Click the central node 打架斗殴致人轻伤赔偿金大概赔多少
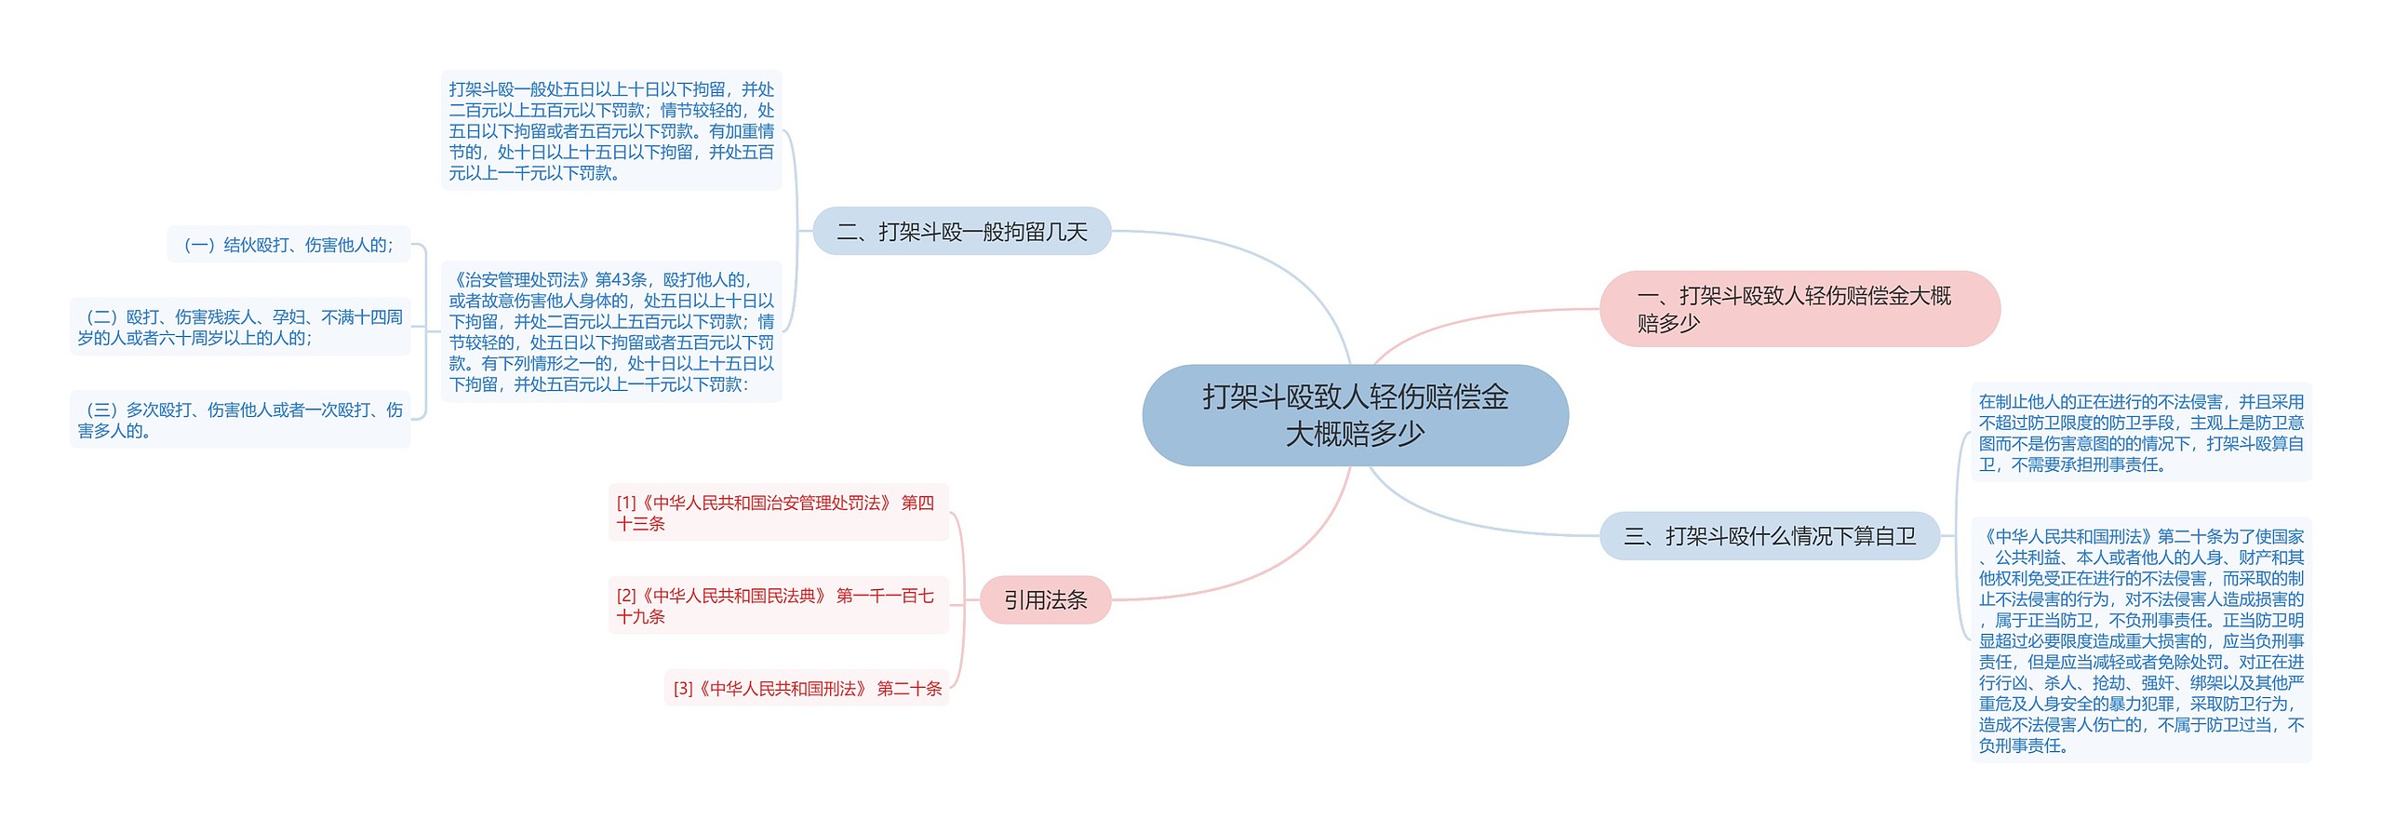tap(1355, 415)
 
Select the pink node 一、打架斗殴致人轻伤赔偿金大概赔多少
tap(1799, 309)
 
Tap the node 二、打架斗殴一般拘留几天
tap(961, 232)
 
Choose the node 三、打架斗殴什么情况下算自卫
tap(1769, 536)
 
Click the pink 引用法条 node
tap(1045, 600)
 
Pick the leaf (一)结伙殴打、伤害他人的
tap(288, 245)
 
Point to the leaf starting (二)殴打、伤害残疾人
tap(240, 328)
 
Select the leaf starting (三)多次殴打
tap(240, 420)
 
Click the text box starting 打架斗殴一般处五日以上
tap(611, 131)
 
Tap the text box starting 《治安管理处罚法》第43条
tap(611, 331)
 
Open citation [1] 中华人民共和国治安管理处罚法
tap(777, 513)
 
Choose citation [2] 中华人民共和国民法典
tap(777, 606)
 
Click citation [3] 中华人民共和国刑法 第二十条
tap(807, 689)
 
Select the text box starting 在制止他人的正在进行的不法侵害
tap(2140, 433)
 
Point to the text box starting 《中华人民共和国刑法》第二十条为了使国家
tap(2140, 640)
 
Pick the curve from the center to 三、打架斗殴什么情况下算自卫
tap(1470, 521)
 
